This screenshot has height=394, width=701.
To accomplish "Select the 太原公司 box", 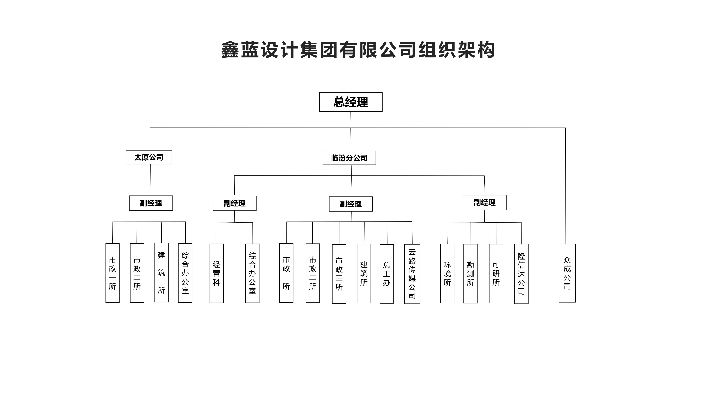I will pyautogui.click(x=149, y=157).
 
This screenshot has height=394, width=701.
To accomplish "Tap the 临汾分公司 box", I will pyautogui.click(x=349, y=158).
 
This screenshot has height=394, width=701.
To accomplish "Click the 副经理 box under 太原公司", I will pyautogui.click(x=151, y=203).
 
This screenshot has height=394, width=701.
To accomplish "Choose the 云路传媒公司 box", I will pyautogui.click(x=412, y=274).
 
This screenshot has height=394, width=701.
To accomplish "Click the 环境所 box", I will pyautogui.click(x=447, y=273).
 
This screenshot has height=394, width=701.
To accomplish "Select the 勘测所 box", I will pyautogui.click(x=470, y=273).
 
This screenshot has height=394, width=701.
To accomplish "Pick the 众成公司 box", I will pyautogui.click(x=567, y=273).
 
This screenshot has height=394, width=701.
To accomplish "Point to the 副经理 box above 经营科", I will pyautogui.click(x=234, y=203).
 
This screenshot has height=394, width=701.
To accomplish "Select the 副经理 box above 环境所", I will pyautogui.click(x=484, y=203).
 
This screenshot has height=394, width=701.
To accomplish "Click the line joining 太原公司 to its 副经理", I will pyautogui.click(x=150, y=180).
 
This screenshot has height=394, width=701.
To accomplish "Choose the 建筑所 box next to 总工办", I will pyautogui.click(x=364, y=273).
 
